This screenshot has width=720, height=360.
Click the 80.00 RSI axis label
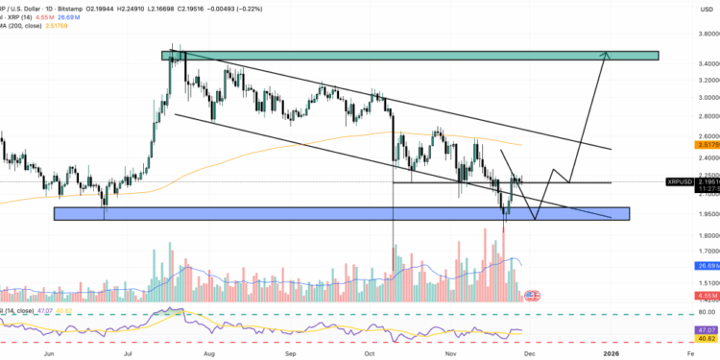tap(684, 313)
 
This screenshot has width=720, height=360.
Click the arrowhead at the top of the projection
tap(605, 54)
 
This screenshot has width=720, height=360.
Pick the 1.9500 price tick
tap(685, 214)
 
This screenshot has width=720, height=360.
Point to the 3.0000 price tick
tap(685, 97)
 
